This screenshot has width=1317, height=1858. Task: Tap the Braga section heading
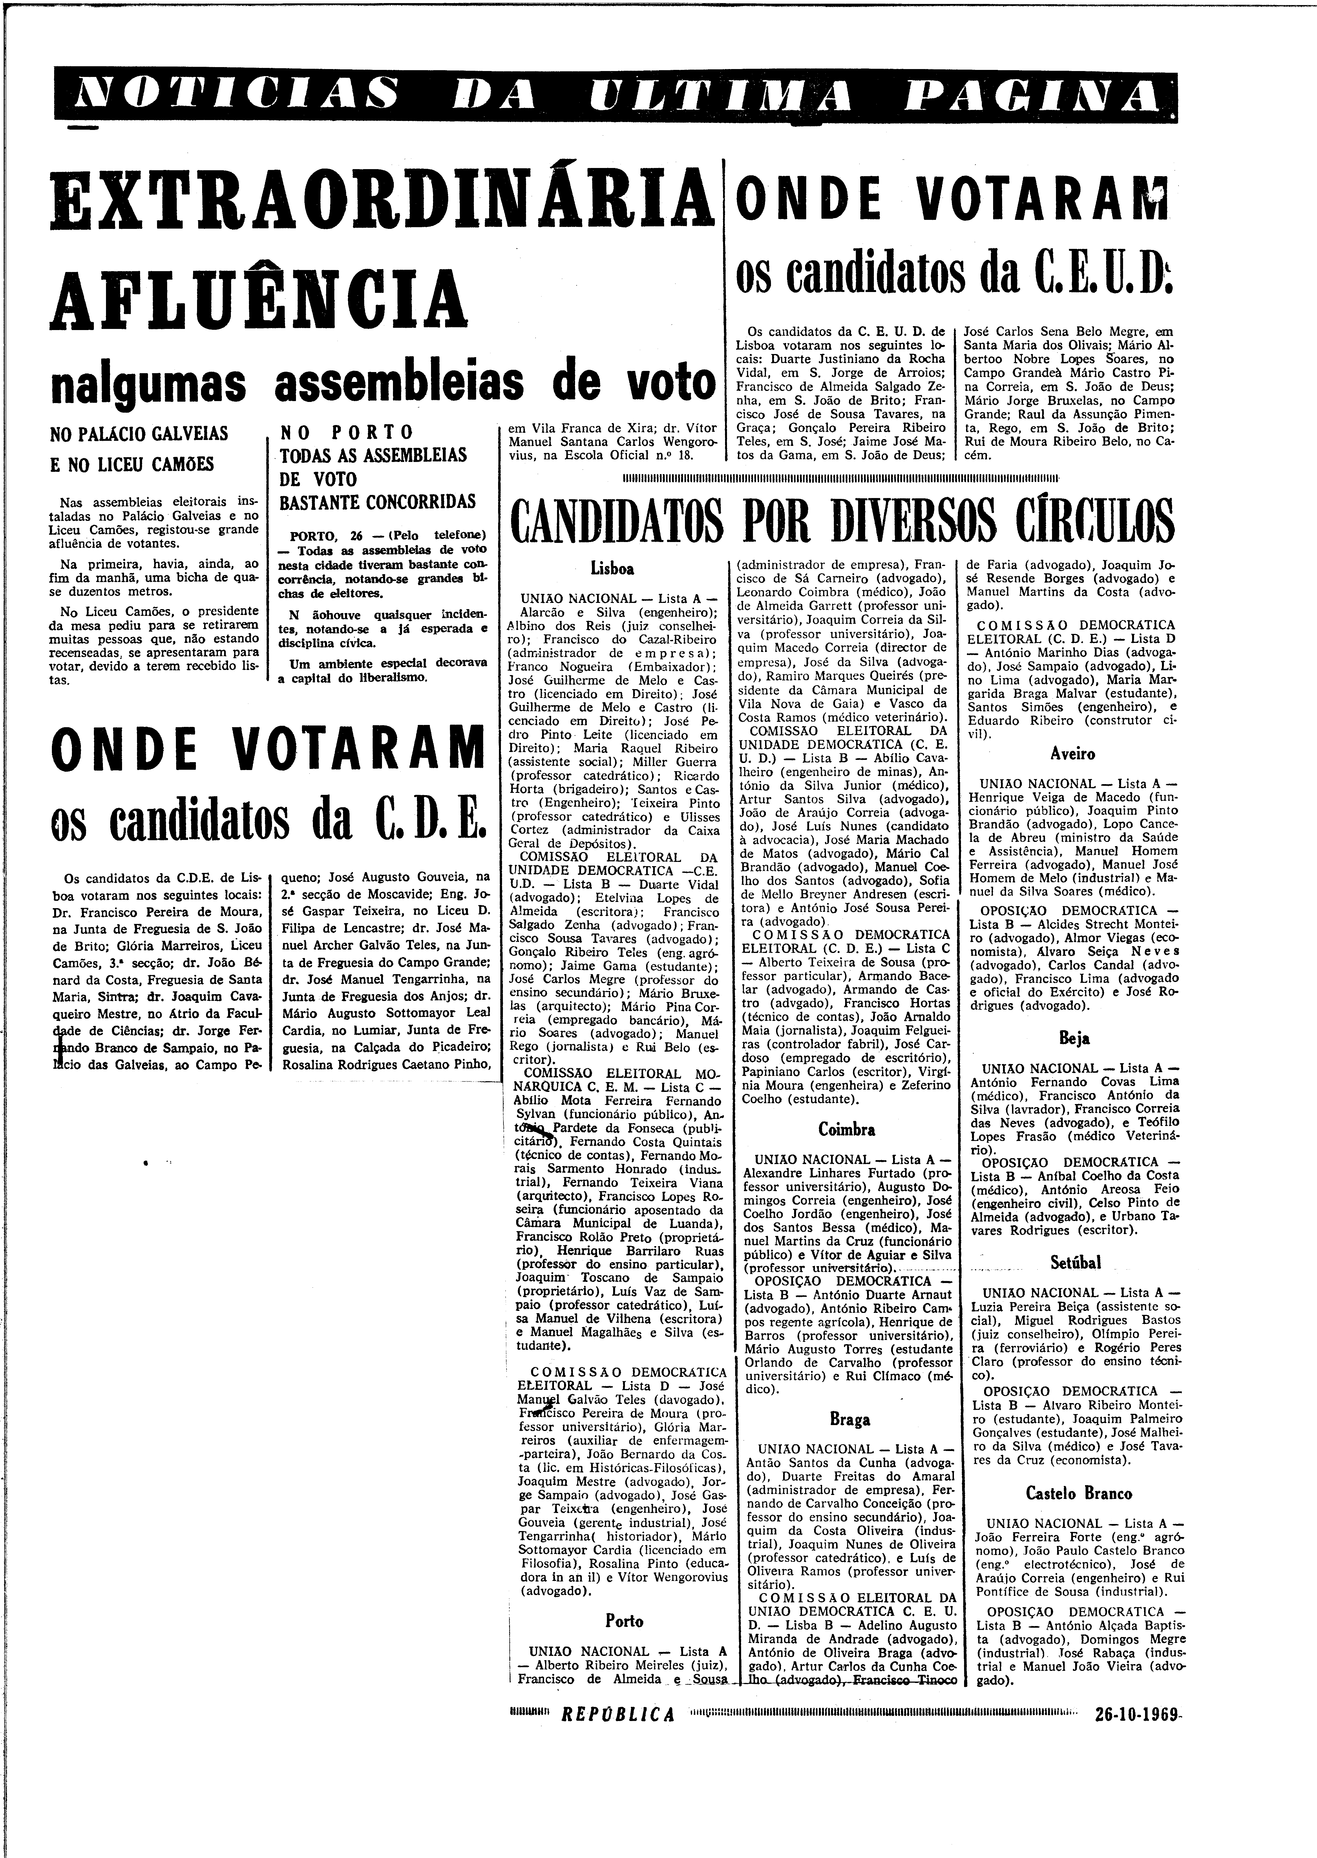coord(850,1419)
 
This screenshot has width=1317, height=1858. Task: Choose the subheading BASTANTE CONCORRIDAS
coord(377,502)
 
